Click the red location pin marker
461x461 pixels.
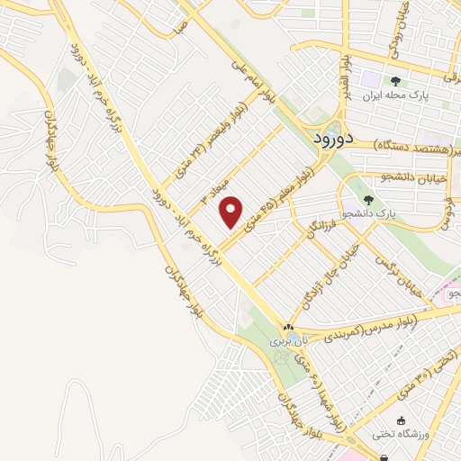tap(231, 211)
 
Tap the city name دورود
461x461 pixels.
tap(336, 141)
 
